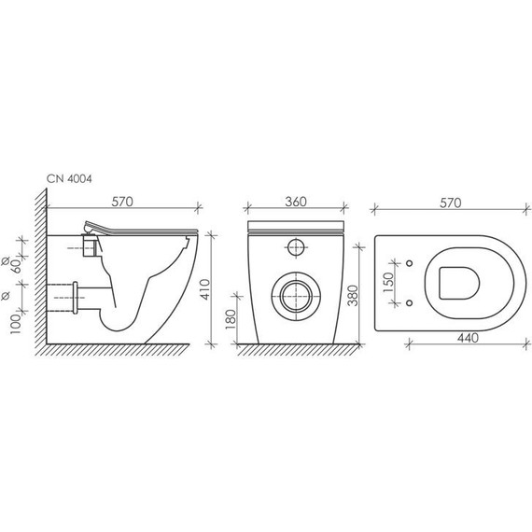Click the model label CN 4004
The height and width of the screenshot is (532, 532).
pyautogui.click(x=69, y=179)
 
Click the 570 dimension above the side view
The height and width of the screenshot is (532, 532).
pyautogui.click(x=122, y=202)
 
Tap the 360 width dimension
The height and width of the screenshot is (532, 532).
pyautogui.click(x=296, y=202)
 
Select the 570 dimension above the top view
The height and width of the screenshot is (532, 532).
pyautogui.click(x=451, y=203)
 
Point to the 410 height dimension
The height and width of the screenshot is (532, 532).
pyautogui.click(x=205, y=289)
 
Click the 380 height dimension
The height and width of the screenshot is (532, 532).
pyautogui.click(x=353, y=296)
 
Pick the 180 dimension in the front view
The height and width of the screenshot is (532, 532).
pyautogui.click(x=230, y=320)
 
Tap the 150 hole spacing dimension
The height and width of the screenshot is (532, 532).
pyautogui.click(x=389, y=283)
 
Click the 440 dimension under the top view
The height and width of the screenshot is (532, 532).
pyautogui.click(x=468, y=338)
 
